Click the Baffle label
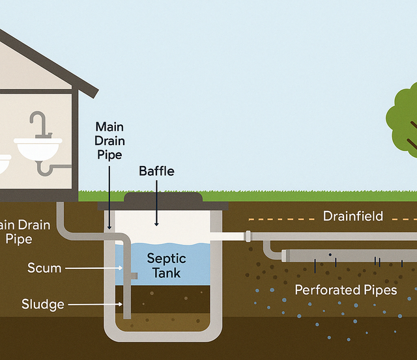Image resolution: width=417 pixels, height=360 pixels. click(156, 171)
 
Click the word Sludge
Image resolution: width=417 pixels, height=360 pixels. click(43, 304)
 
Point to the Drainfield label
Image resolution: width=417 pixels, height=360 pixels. click(353, 215)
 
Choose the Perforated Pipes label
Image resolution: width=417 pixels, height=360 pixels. click(345, 290)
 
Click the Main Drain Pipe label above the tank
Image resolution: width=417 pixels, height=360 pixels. click(109, 140)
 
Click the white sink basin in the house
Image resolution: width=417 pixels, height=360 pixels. click(38, 150)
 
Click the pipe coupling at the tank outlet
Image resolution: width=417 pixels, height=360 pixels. click(248, 236)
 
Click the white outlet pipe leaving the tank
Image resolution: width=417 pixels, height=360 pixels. click(228, 236)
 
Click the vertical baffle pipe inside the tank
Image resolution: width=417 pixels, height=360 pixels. click(128, 280)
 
